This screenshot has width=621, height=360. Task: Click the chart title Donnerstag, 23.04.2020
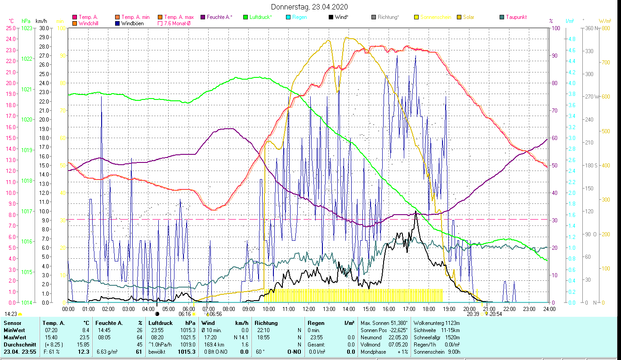(310, 7)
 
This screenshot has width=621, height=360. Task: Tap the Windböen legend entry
(132, 23)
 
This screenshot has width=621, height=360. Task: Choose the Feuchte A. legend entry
(219, 17)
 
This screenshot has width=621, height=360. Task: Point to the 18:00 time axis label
(429, 309)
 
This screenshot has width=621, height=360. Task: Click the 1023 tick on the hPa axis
(27, 28)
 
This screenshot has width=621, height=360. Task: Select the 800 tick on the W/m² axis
(605, 28)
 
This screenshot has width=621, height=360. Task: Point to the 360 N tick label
(590, 28)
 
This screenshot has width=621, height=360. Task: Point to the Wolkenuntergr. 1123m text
(436, 323)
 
